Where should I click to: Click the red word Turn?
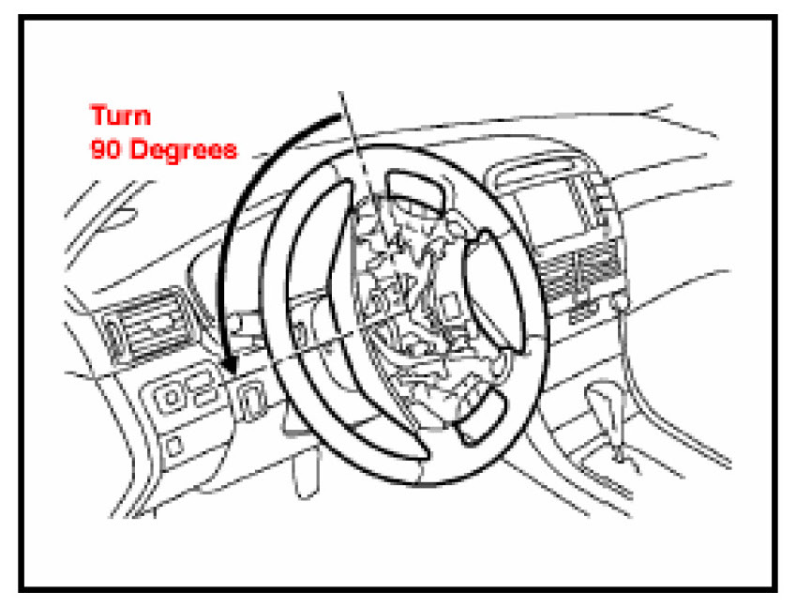pos(119,116)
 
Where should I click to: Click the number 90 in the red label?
pos(103,148)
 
